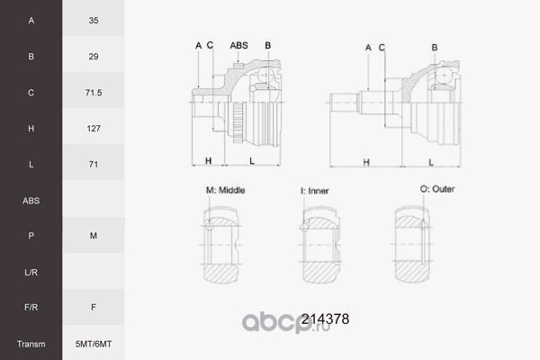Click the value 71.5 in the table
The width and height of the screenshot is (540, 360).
94,93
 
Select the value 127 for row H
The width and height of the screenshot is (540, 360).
94,129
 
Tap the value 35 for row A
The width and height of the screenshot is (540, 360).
94,21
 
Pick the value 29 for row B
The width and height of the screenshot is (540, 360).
94,57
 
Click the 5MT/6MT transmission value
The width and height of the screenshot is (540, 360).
94,344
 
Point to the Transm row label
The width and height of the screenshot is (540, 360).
31,344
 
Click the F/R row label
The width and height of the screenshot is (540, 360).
31,307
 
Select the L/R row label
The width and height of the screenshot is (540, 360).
31,273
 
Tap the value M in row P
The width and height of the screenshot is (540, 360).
94,236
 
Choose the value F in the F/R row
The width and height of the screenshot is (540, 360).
94,307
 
